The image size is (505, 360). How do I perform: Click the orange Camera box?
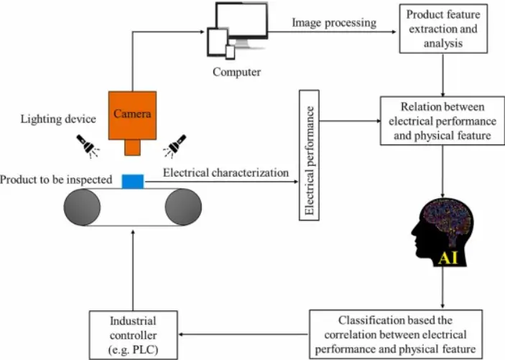pyautogui.click(x=133, y=114)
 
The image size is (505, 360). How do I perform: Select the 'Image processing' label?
pyautogui.click(x=334, y=22)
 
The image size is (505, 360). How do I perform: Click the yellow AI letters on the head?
pyautogui.click(x=450, y=257)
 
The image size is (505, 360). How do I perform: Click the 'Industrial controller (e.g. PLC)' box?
pyautogui.click(x=133, y=334)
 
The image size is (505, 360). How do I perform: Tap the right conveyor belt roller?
pyautogui.click(x=183, y=208)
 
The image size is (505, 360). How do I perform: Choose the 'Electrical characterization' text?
pyautogui.click(x=226, y=172)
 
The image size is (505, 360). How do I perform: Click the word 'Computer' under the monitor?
pyautogui.click(x=236, y=72)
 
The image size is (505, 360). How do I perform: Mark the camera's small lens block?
pyautogui.click(x=133, y=147)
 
